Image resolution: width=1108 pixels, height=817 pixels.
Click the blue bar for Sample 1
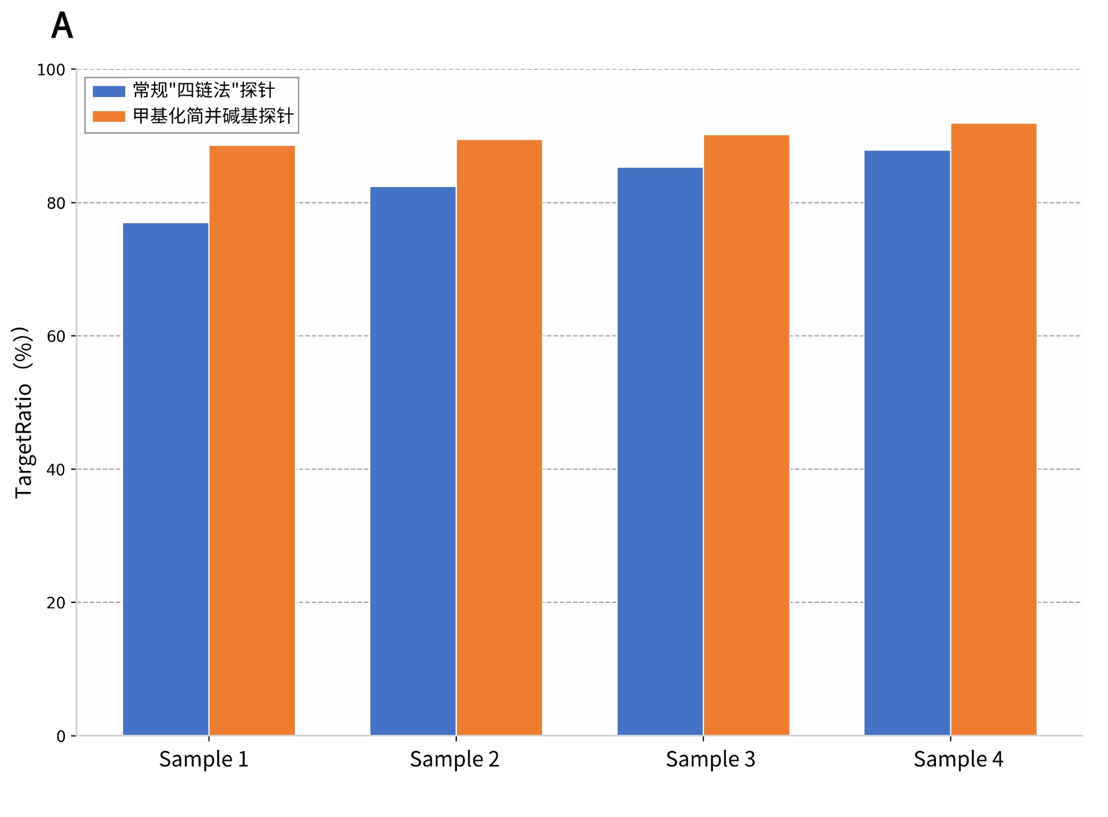pyautogui.click(x=165, y=479)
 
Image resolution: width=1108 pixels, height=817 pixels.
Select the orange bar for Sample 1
pyautogui.click(x=252, y=440)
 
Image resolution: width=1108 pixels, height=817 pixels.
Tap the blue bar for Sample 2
pyautogui.click(x=413, y=461)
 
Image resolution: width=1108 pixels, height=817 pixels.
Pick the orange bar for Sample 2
pyautogui.click(x=499, y=437)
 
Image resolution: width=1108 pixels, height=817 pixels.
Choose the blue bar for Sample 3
pyautogui.click(x=660, y=451)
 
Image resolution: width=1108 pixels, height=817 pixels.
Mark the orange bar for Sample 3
pyautogui.click(x=746, y=435)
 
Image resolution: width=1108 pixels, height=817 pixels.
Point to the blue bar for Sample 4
pyautogui.click(x=907, y=443)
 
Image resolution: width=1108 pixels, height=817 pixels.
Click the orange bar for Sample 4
pyautogui.click(x=993, y=429)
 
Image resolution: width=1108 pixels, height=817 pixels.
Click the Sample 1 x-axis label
pyautogui.click(x=204, y=760)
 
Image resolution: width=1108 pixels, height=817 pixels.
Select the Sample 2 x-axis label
pyautogui.click(x=454, y=760)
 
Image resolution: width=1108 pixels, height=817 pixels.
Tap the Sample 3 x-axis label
pyautogui.click(x=710, y=760)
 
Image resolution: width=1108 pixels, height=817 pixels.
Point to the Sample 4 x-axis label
pyautogui.click(x=958, y=760)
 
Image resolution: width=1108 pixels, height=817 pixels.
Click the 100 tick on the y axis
pyautogui.click(x=51, y=70)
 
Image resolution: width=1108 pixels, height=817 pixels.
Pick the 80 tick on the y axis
pyautogui.click(x=56, y=203)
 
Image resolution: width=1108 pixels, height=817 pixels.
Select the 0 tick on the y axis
pyautogui.click(x=61, y=736)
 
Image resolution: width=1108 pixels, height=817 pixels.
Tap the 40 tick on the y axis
pyautogui.click(x=56, y=470)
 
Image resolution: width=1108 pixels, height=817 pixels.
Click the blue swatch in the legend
pyautogui.click(x=109, y=91)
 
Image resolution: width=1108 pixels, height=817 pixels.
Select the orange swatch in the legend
pyautogui.click(x=109, y=116)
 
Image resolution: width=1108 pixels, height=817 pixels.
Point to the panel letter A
pyautogui.click(x=62, y=26)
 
